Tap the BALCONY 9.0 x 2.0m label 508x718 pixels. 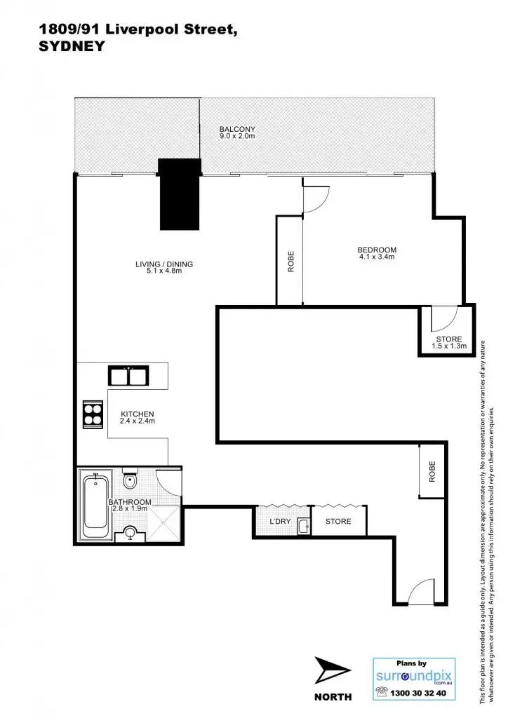tap(236, 133)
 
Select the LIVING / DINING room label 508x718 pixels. tap(164, 267)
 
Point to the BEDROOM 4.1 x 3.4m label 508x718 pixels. tap(377, 253)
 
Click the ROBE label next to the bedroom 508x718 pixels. tap(290, 262)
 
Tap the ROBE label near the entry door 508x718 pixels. tap(432, 470)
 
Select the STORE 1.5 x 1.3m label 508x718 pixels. tap(449, 343)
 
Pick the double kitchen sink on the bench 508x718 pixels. tap(127, 376)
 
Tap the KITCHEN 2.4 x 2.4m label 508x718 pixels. tap(137, 418)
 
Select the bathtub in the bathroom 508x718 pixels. tap(94, 506)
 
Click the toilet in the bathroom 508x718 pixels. tap(130, 481)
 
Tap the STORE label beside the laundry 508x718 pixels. tap(337, 522)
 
